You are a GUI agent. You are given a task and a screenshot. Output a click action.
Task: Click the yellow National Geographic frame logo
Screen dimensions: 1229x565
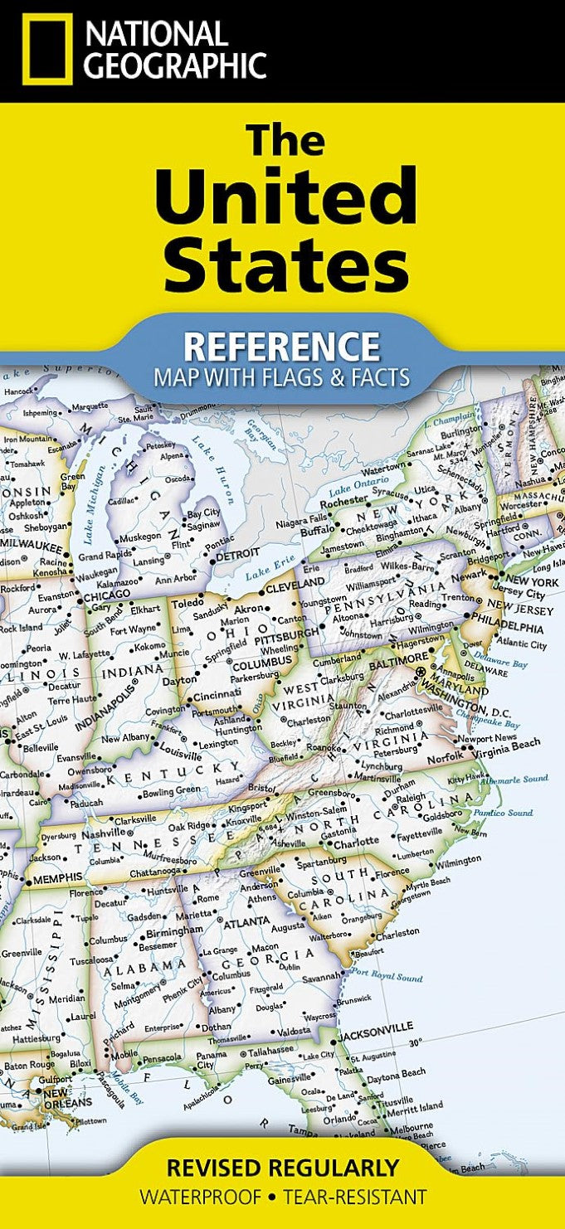tap(48, 49)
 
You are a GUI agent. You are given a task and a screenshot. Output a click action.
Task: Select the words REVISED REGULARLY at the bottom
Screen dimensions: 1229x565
tap(282, 1168)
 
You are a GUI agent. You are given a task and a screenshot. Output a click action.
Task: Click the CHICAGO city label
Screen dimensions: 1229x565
tap(106, 594)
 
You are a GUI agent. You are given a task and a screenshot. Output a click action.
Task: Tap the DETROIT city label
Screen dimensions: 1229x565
tap(239, 552)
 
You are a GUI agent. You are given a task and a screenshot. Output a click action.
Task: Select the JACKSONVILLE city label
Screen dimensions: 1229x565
tap(374, 1027)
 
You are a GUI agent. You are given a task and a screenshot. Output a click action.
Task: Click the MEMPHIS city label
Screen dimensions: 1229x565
tap(58, 876)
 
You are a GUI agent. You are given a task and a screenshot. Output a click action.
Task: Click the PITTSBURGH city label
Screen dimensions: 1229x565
tap(286, 631)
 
